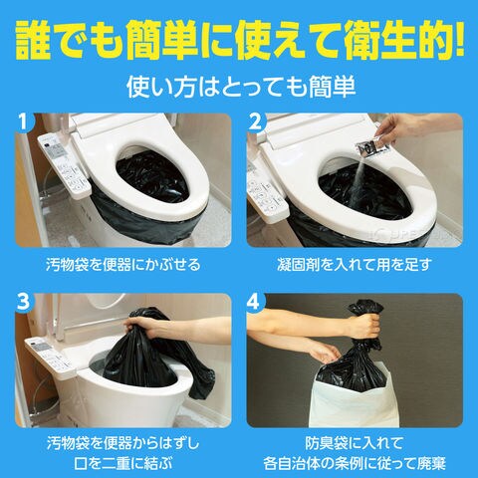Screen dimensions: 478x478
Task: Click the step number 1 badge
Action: point(22,121)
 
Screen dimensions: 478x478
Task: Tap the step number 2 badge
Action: point(255,121)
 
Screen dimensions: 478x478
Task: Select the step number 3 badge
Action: point(23,302)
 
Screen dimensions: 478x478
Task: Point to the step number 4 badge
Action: point(254,302)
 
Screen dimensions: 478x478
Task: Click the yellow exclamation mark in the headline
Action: point(459,38)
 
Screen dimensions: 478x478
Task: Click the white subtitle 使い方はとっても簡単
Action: point(241,87)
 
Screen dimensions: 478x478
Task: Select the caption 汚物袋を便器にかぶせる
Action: point(123,265)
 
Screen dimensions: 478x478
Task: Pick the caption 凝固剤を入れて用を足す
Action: point(355,265)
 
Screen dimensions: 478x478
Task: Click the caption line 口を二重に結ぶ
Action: point(123,463)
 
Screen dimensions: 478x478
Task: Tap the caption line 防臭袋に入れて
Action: point(355,443)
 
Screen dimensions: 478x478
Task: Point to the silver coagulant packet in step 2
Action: point(372,146)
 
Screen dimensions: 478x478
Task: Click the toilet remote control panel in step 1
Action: point(63,166)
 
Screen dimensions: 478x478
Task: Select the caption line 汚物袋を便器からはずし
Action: point(123,443)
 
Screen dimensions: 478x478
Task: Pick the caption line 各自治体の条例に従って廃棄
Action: point(355,463)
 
